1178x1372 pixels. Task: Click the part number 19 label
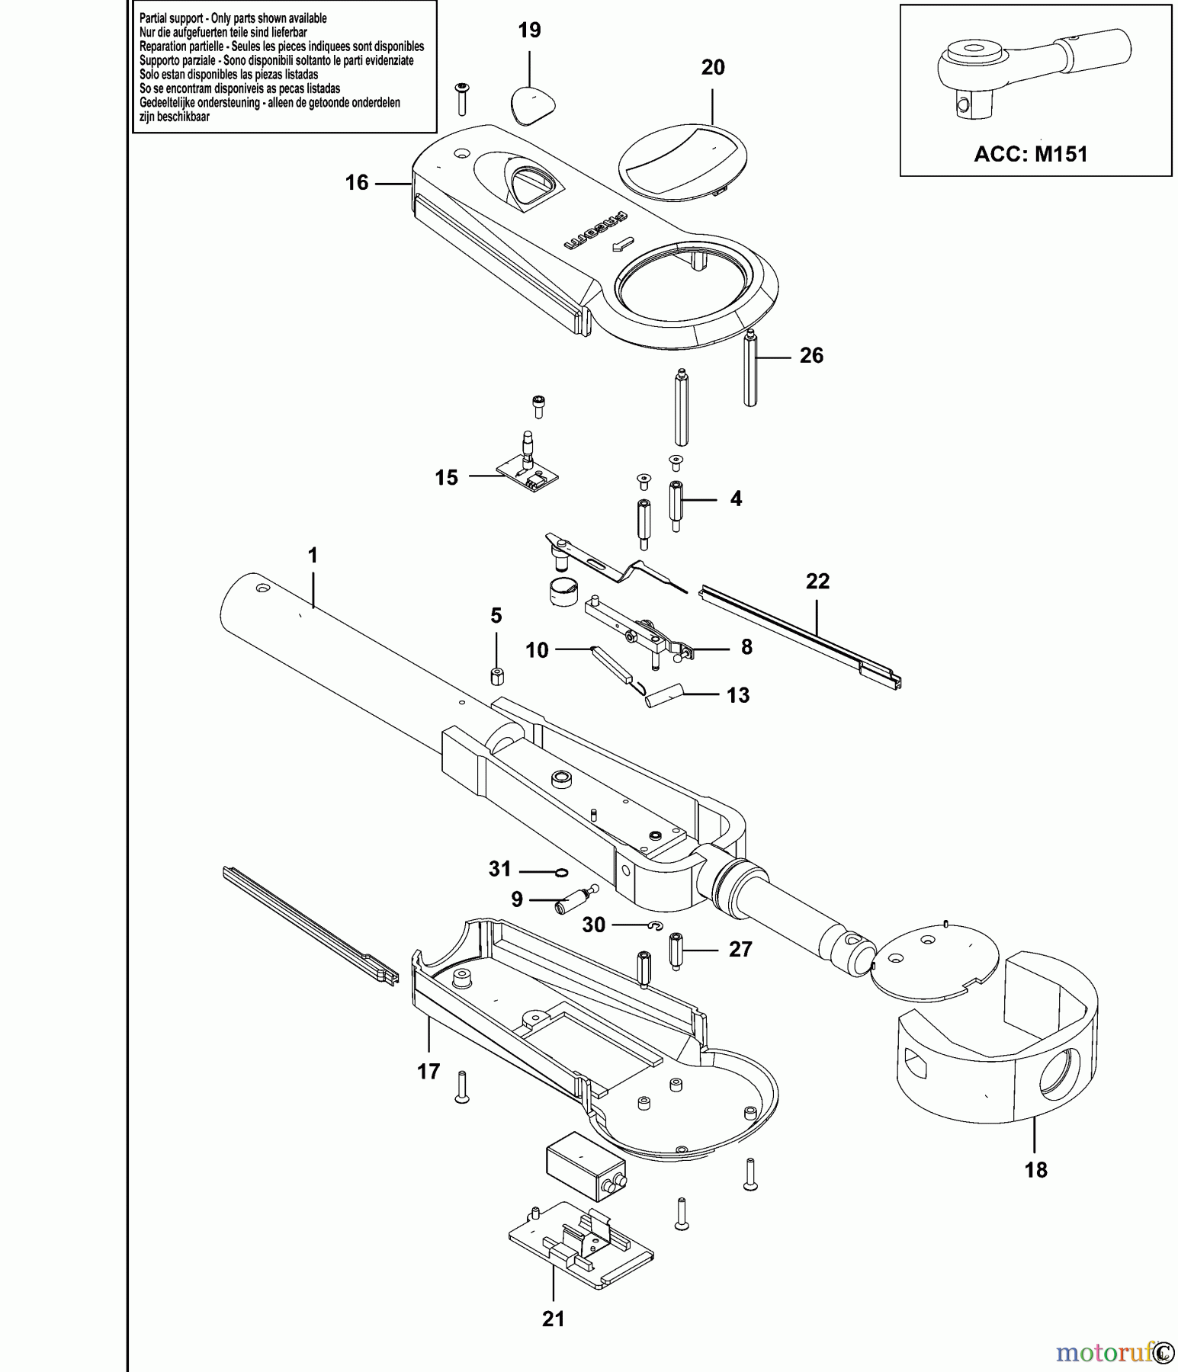click(x=529, y=30)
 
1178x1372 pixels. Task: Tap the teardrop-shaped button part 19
click(x=532, y=104)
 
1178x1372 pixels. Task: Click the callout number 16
click(x=357, y=183)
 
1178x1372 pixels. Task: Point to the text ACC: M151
click(x=1031, y=154)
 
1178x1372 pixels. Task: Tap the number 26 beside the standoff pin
click(x=811, y=356)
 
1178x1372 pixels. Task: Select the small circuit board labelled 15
click(x=528, y=473)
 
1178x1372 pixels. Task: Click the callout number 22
click(x=817, y=582)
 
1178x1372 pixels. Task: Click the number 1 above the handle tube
click(x=313, y=556)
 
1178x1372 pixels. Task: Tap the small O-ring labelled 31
click(x=560, y=872)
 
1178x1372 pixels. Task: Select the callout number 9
click(x=517, y=900)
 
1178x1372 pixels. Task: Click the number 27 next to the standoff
click(x=740, y=950)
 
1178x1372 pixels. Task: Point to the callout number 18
click(x=1036, y=1170)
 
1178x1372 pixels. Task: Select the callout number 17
click(x=429, y=1072)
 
